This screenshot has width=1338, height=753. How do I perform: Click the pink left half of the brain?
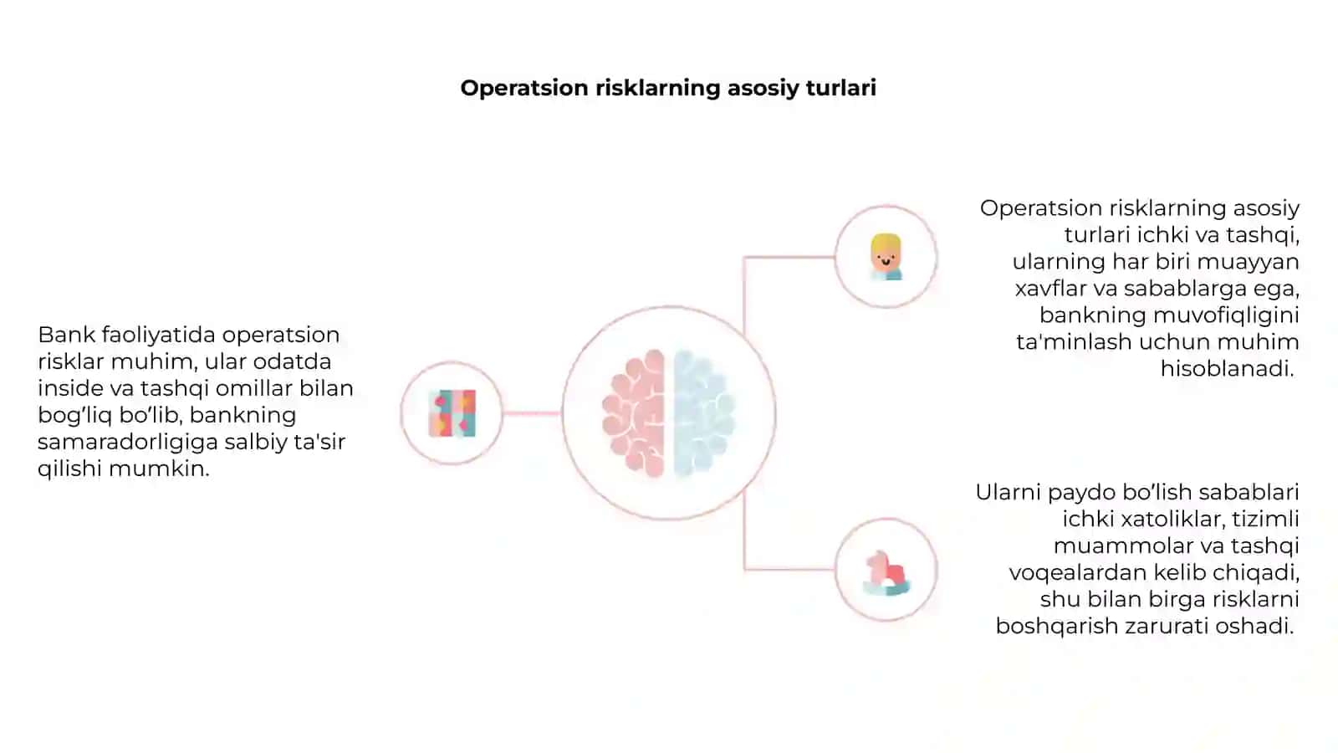(x=634, y=413)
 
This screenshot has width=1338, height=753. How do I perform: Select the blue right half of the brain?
(x=704, y=413)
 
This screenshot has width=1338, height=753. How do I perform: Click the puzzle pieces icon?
(x=452, y=413)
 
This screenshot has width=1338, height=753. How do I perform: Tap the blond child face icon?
(x=886, y=257)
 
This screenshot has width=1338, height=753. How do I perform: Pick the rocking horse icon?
(x=886, y=573)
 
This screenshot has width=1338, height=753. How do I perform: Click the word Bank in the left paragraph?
(x=66, y=335)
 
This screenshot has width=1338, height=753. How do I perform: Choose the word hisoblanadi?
(x=1227, y=369)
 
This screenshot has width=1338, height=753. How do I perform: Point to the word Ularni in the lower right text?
(x=1009, y=493)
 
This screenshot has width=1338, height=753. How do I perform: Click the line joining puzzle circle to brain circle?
(x=532, y=413)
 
